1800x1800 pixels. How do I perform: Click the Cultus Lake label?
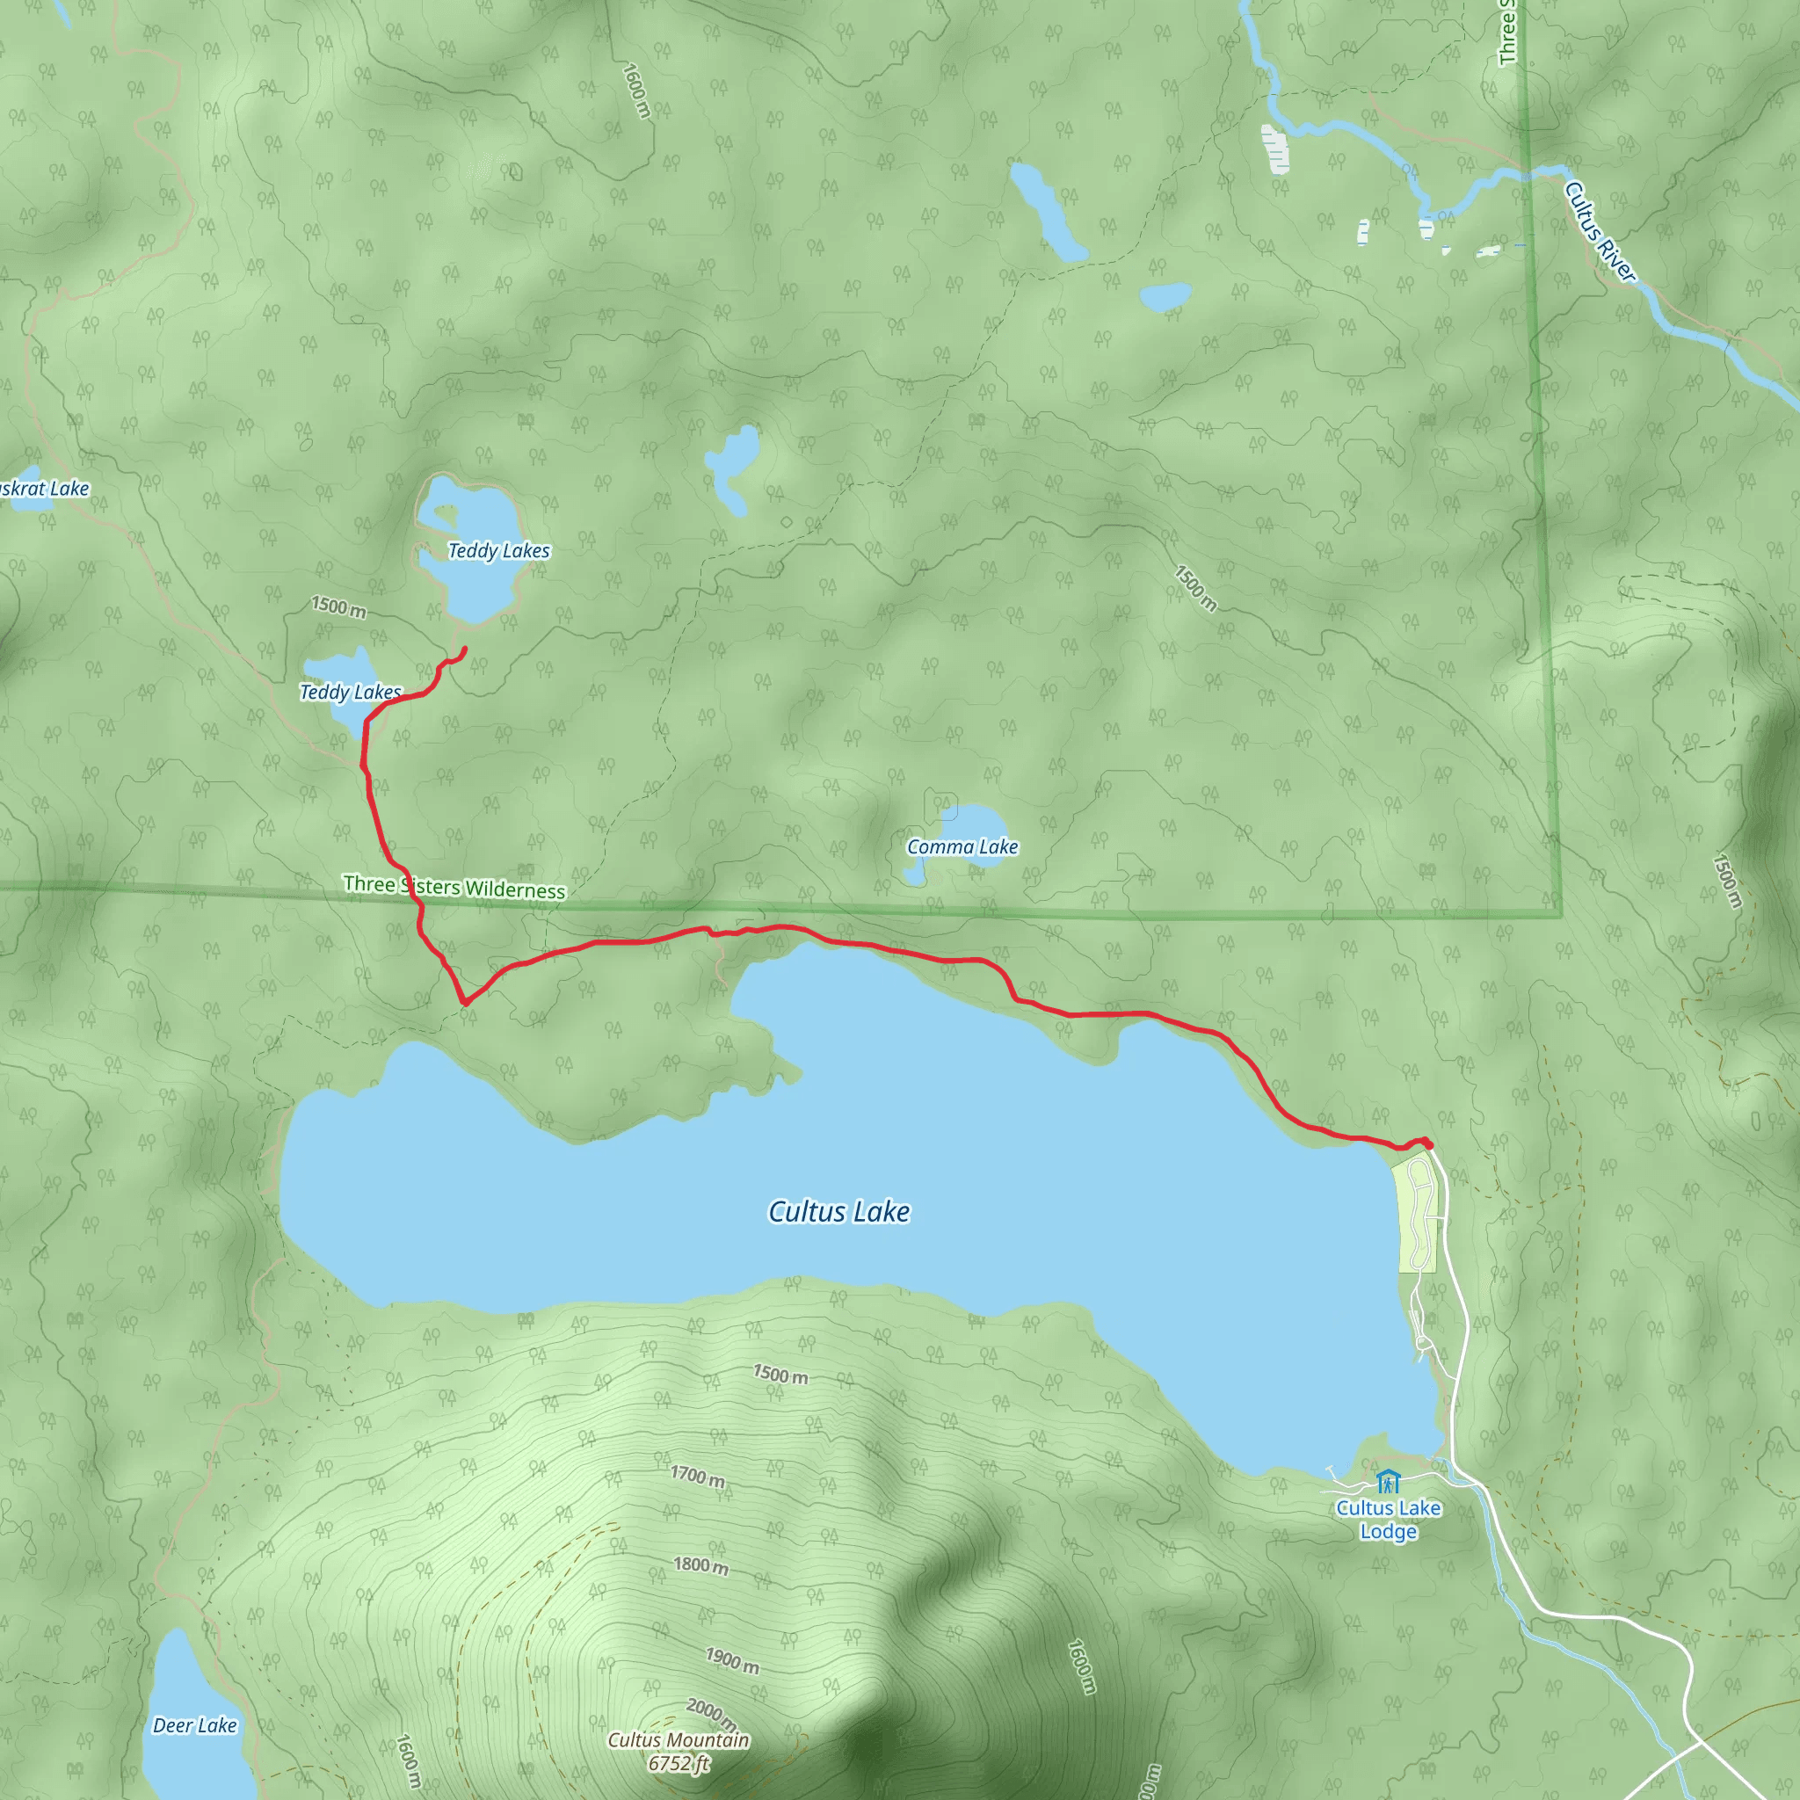[x=838, y=1211]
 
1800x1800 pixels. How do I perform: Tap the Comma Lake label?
[x=962, y=847]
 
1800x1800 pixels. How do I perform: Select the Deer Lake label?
[x=195, y=1725]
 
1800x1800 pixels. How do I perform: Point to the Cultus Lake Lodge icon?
[x=1388, y=1480]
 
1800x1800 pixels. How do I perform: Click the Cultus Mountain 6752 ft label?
[x=679, y=1752]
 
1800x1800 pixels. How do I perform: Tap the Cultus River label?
[x=1599, y=231]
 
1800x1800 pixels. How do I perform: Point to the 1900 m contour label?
[x=731, y=1660]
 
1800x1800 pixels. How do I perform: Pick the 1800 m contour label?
[x=700, y=1565]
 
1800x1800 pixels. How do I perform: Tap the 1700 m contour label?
[x=697, y=1476]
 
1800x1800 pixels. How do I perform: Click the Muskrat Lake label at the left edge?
[x=44, y=488]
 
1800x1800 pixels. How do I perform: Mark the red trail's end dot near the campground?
[x=1427, y=1143]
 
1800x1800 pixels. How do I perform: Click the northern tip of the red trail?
[x=464, y=649]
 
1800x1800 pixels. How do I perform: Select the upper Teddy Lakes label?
[x=498, y=550]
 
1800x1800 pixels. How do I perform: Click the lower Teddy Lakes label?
[x=351, y=693]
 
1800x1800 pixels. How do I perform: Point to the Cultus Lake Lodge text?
[x=1388, y=1520]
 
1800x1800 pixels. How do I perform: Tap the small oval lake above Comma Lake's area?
[x=1165, y=296]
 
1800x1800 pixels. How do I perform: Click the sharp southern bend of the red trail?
[x=464, y=1003]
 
